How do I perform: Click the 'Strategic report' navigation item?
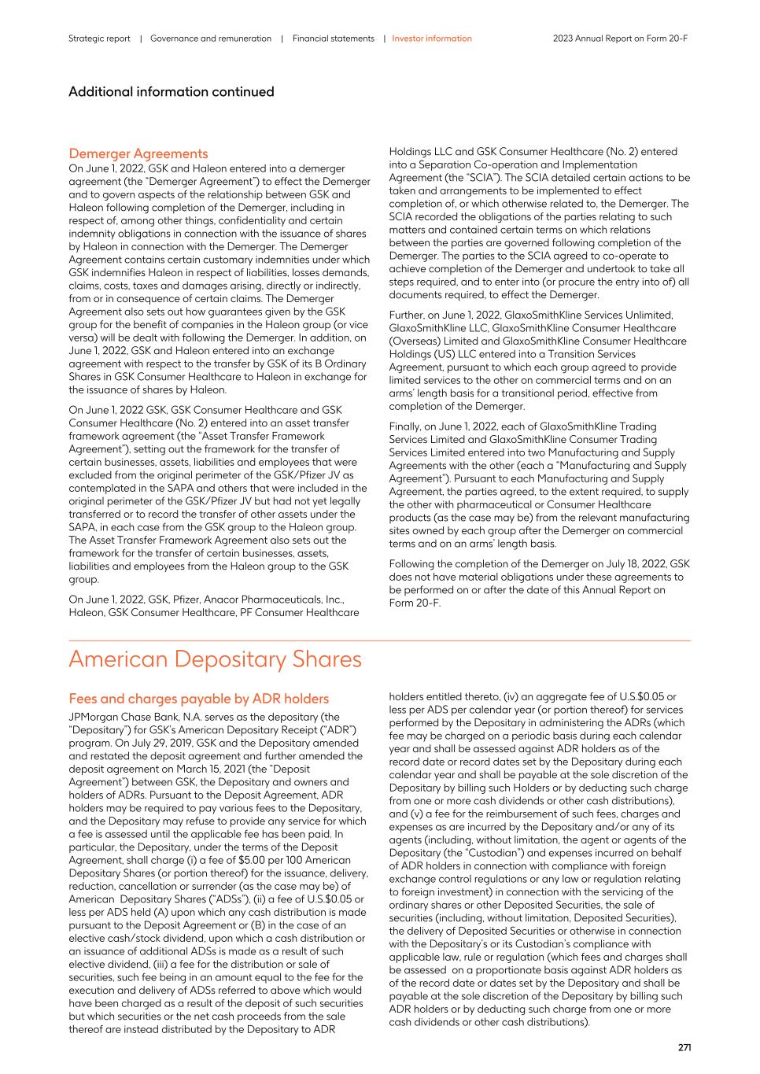pyautogui.click(x=99, y=39)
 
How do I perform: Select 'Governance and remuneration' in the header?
pyautogui.click(x=211, y=39)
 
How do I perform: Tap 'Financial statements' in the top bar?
pyautogui.click(x=333, y=39)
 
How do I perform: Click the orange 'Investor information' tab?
pyautogui.click(x=432, y=39)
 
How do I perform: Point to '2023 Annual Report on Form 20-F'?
pyautogui.click(x=620, y=39)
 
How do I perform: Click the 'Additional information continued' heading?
pyautogui.click(x=172, y=91)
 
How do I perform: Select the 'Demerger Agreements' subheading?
pyautogui.click(x=138, y=153)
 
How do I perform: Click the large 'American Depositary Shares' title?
pyautogui.click(x=215, y=659)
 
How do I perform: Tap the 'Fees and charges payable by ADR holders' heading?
pyautogui.click(x=198, y=699)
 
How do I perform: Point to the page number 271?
pyautogui.click(x=684, y=1047)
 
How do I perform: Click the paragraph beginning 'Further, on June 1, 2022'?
pyautogui.click(x=539, y=360)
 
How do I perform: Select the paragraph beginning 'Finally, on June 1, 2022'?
pyautogui.click(x=539, y=485)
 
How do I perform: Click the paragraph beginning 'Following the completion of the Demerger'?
pyautogui.click(x=539, y=583)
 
